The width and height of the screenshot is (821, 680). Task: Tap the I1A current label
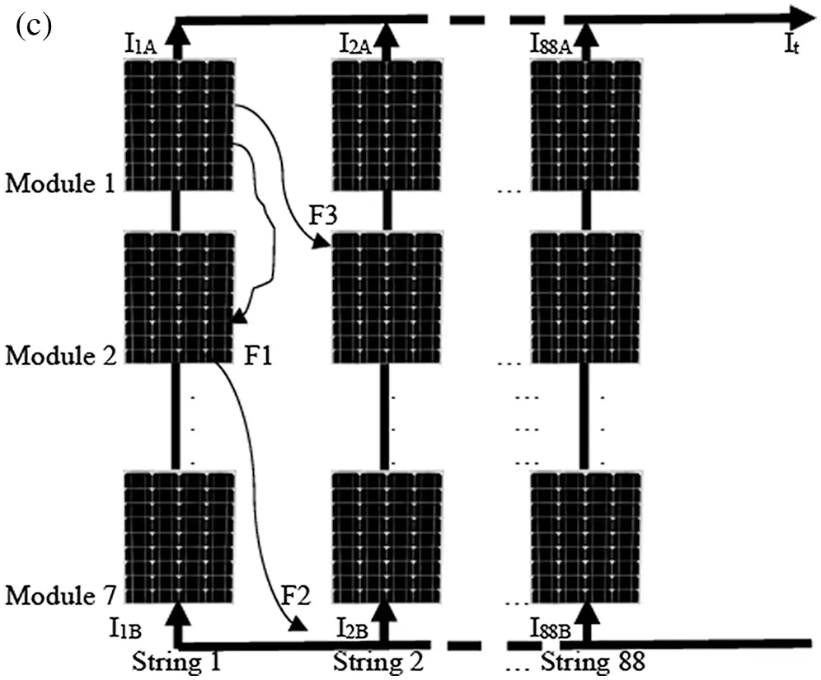(140, 45)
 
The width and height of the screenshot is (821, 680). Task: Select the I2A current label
(355, 44)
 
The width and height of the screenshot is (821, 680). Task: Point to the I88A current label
(551, 44)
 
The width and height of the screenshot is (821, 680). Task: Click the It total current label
(791, 44)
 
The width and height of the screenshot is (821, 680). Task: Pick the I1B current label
(125, 627)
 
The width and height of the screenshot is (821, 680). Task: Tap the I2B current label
(352, 628)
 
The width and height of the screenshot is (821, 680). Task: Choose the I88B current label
(551, 628)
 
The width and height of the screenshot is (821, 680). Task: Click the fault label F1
(258, 356)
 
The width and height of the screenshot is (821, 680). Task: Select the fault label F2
(296, 596)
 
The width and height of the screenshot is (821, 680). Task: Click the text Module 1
(60, 183)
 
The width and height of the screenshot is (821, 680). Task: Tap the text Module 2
(61, 356)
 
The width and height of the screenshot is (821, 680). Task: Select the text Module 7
(61, 596)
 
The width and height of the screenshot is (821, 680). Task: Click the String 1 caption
(176, 662)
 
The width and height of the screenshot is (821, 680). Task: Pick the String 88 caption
(592, 662)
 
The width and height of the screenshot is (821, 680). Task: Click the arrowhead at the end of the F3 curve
(321, 242)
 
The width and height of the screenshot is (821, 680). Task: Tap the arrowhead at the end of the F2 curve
(298, 624)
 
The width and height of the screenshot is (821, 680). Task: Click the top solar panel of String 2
(387, 126)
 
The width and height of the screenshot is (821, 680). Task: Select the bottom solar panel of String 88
(585, 538)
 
